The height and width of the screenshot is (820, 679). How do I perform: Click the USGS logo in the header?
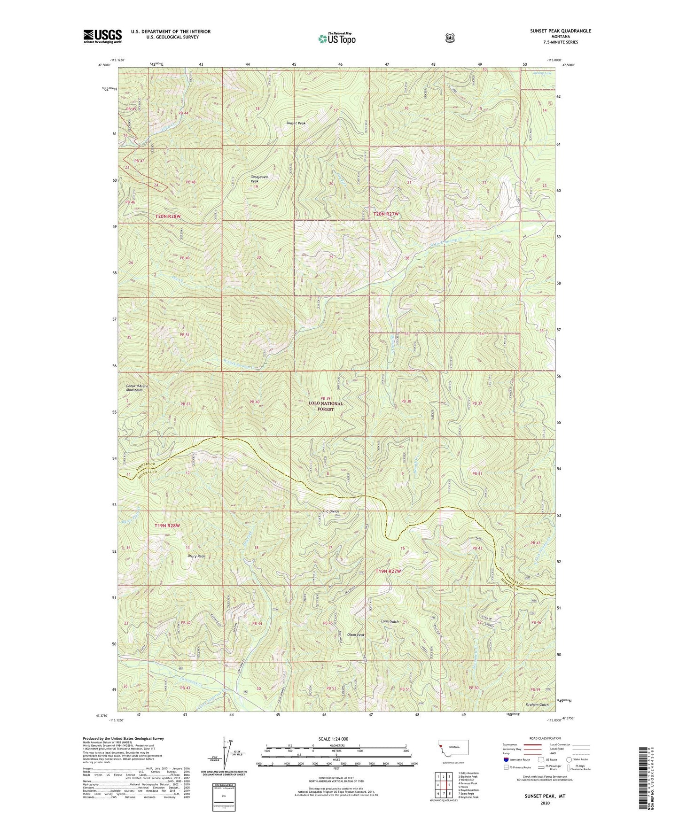(102, 36)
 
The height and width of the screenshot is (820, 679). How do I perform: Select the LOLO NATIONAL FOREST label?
(325, 406)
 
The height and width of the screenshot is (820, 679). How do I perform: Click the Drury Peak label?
(195, 556)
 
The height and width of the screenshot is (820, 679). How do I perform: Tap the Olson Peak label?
(356, 634)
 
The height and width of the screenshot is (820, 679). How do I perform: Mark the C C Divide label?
(331, 511)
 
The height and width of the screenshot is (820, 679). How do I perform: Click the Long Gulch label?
(390, 621)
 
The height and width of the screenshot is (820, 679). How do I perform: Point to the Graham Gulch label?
(537, 704)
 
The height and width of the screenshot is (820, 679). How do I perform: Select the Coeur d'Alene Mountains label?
(137, 388)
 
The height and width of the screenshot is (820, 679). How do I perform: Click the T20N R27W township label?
(386, 214)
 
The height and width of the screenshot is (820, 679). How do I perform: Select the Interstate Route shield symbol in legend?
(506, 759)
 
